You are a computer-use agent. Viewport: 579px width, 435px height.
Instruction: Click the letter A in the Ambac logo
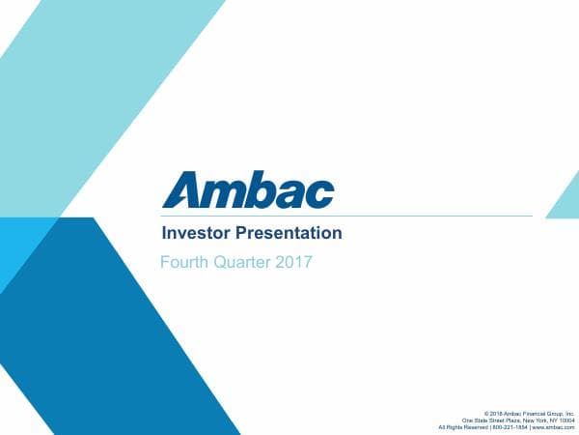point(182,189)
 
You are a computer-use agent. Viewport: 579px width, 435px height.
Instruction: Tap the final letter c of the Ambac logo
point(320,193)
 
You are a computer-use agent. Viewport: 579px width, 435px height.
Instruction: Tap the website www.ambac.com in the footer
point(554,426)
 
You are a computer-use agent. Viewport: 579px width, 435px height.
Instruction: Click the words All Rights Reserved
point(464,426)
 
